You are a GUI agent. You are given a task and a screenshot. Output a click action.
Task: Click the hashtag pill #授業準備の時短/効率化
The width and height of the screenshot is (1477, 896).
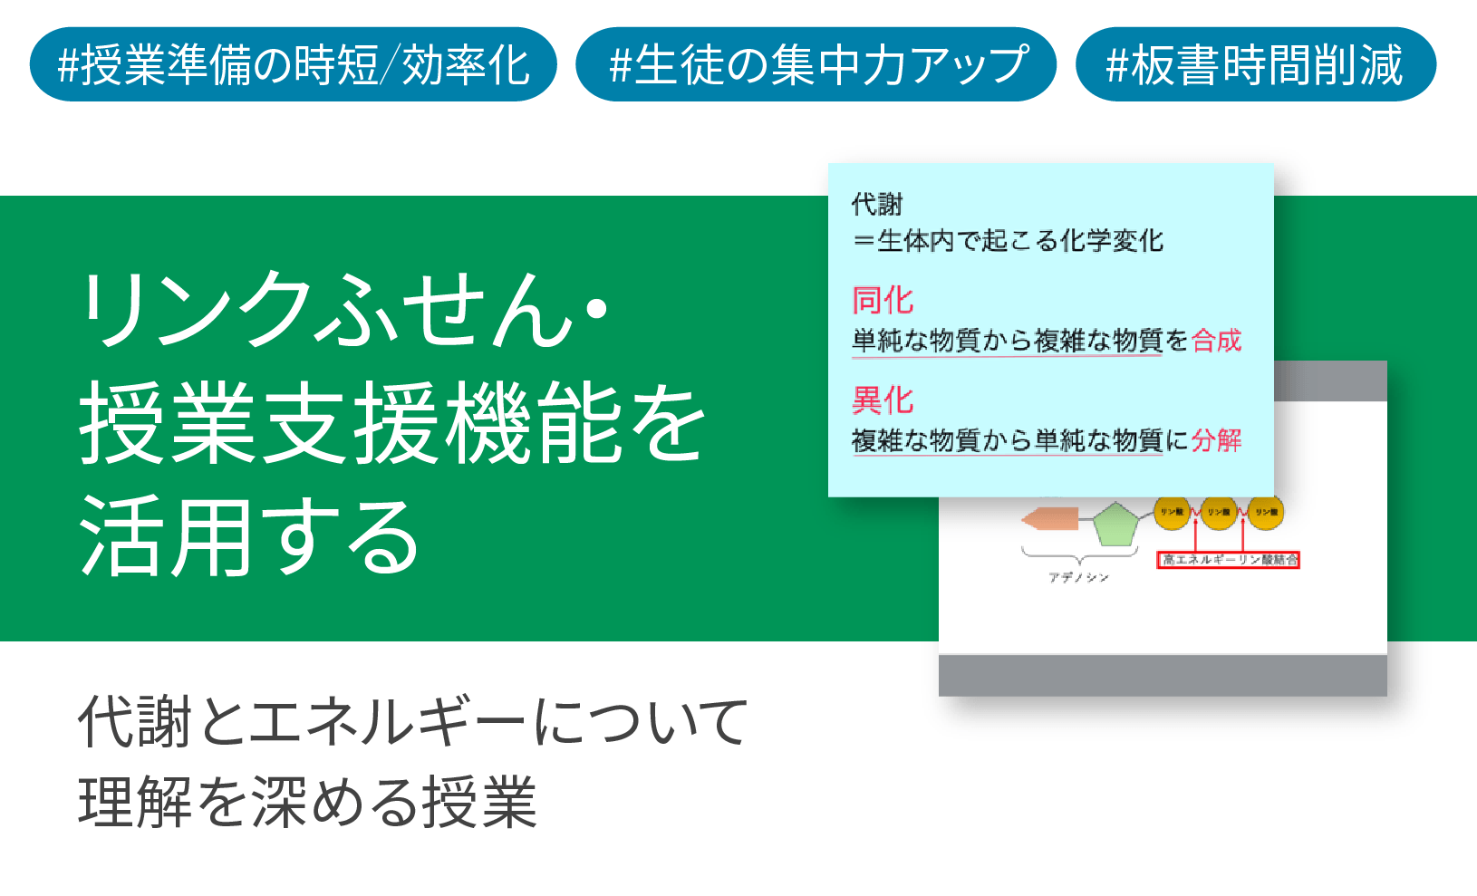tap(293, 65)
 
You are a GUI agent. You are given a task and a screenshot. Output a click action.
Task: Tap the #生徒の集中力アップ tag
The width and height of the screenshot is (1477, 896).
tap(816, 65)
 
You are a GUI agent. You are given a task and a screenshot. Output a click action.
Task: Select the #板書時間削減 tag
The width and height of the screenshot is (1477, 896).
tap(1255, 65)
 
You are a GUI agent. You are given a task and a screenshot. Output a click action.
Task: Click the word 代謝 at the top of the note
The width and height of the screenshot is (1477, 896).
tap(876, 205)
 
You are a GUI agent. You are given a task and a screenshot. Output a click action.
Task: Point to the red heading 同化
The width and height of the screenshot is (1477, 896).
tap(883, 300)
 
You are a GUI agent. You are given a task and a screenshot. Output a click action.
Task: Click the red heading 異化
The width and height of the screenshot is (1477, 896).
tap(883, 400)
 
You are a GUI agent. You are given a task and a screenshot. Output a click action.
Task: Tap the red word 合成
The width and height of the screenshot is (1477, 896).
tap(1216, 341)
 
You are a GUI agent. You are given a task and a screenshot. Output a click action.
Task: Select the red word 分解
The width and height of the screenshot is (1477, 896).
tap(1216, 440)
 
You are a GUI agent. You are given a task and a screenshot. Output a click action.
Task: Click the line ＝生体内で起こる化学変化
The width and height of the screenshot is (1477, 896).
tap(1008, 241)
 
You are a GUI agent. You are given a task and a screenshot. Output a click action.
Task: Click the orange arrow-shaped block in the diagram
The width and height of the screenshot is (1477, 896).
tap(1051, 519)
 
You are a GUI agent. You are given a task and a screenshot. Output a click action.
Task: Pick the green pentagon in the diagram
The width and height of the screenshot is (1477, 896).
tap(1115, 524)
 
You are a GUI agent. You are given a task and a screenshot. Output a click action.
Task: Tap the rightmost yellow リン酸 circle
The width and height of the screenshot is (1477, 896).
tap(1266, 512)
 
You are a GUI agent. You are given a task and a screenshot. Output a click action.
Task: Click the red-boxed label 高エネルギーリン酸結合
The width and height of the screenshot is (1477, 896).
tap(1230, 560)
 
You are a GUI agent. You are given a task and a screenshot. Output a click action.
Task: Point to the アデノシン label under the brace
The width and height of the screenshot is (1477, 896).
tap(1078, 577)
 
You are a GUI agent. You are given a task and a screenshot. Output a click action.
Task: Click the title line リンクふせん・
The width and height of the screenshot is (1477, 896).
tap(344, 310)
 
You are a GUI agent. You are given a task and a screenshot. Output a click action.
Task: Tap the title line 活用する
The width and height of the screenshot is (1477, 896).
tap(249, 537)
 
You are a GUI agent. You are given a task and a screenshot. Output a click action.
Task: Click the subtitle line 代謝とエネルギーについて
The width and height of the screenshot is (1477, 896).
tap(412, 722)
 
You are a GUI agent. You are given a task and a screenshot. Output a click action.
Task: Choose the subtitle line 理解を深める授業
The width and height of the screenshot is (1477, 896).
tap(308, 802)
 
